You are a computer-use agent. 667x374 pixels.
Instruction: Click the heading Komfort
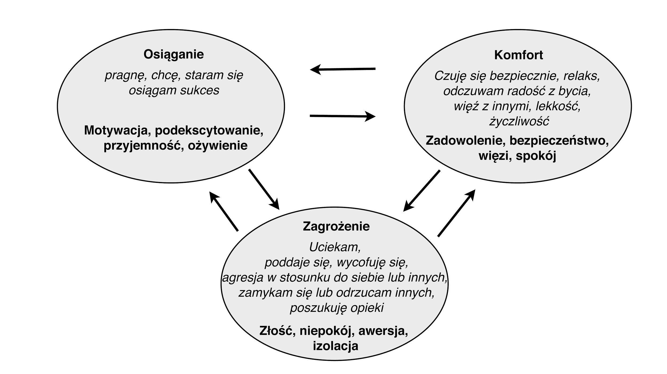[x=518, y=55]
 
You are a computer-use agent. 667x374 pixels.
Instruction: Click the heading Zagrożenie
[x=336, y=227]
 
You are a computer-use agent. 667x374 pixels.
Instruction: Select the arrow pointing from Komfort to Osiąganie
[x=343, y=69]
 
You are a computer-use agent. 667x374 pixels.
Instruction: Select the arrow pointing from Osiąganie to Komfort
[x=343, y=116]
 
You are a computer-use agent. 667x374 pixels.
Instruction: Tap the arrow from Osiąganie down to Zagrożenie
[x=264, y=189]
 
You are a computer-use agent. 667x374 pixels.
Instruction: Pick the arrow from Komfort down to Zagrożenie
[x=421, y=191]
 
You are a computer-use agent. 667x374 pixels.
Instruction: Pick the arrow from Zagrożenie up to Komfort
[x=456, y=213]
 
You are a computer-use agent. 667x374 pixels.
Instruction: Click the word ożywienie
[x=218, y=146]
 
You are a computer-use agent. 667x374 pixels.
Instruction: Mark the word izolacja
[x=336, y=346]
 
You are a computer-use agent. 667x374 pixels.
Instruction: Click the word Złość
[x=277, y=331]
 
